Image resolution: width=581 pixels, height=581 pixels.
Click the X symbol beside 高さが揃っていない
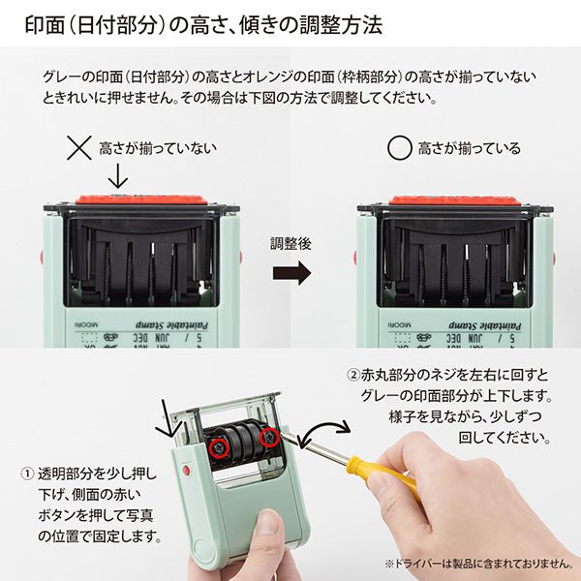[79, 148]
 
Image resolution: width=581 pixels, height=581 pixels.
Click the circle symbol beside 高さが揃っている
[399, 148]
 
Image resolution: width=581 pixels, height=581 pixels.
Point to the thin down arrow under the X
[117, 176]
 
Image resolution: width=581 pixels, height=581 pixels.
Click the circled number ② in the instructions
[352, 374]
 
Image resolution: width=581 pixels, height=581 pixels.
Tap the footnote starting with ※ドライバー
[478, 563]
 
